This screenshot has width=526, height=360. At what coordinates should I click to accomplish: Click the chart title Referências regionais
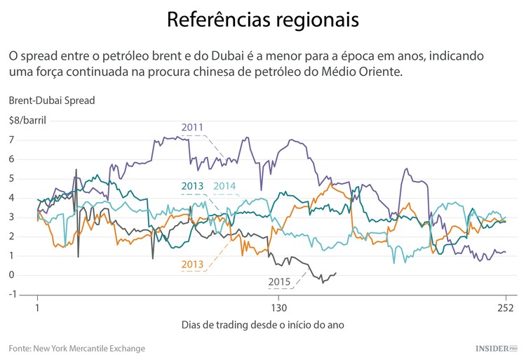pyautogui.click(x=262, y=20)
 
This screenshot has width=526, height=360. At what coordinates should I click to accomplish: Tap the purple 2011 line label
pyautogui.click(x=192, y=127)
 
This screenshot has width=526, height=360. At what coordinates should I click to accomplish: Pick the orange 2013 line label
pyautogui.click(x=192, y=264)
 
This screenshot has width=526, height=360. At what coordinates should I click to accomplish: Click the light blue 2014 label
pyautogui.click(x=224, y=186)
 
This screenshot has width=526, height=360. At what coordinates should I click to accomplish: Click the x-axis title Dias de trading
pyautogui.click(x=262, y=326)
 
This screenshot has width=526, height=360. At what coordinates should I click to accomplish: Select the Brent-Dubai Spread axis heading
pyautogui.click(x=52, y=100)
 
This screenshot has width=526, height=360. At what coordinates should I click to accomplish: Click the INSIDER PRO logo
pyautogui.click(x=495, y=348)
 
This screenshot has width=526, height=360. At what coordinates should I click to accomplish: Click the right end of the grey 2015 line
pyautogui.click(x=336, y=273)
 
